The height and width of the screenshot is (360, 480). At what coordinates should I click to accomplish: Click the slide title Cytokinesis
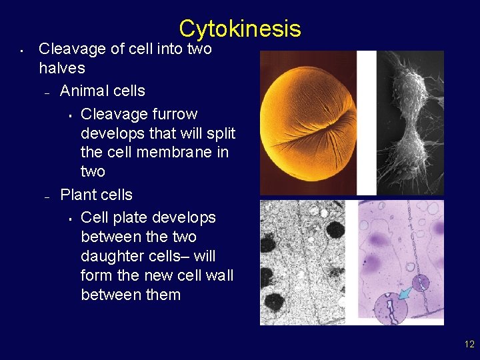(239, 29)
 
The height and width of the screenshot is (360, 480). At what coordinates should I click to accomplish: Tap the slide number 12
(469, 344)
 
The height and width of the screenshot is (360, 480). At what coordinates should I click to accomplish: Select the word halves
(62, 68)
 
